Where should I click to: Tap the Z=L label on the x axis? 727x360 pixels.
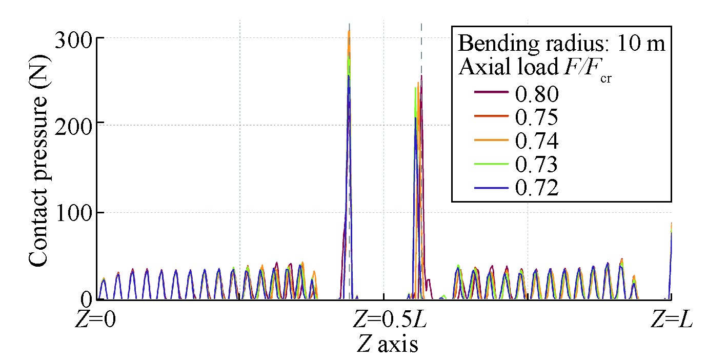(x=671, y=322)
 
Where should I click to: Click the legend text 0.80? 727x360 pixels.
(x=536, y=93)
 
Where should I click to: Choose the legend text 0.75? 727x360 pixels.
(x=536, y=117)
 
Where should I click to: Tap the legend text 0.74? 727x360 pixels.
(x=536, y=141)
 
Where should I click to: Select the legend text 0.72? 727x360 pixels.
(x=536, y=188)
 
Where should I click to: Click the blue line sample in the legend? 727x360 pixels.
(x=492, y=188)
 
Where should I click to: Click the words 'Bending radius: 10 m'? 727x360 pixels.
(x=561, y=44)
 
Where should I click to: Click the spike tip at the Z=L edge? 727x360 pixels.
(x=671, y=224)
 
